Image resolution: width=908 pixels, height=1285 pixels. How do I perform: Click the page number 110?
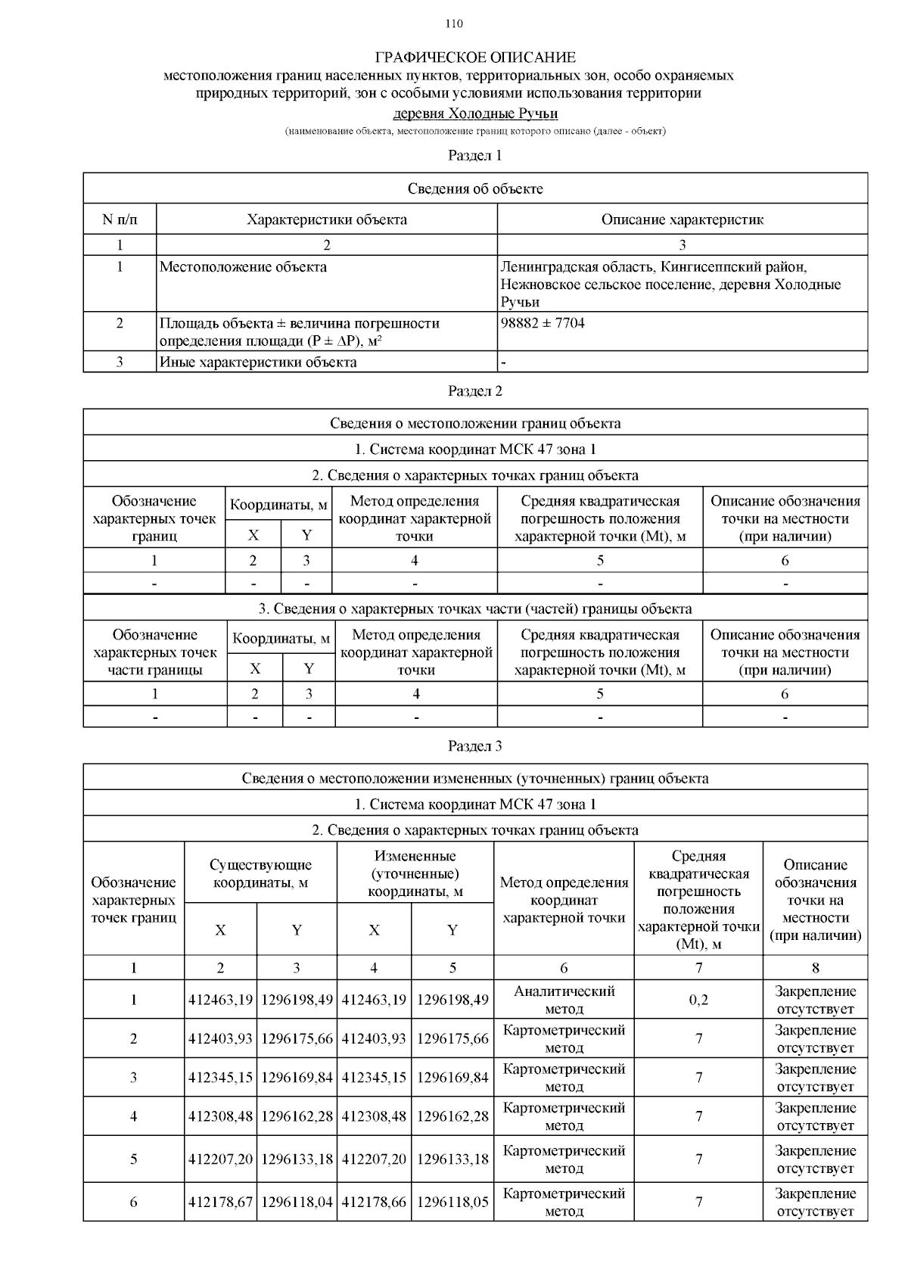454,23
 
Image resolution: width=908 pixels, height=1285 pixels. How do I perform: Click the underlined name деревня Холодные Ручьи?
475,114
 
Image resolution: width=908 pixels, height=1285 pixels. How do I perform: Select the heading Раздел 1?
475,156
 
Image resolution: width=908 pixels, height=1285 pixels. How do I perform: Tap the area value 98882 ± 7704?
543,323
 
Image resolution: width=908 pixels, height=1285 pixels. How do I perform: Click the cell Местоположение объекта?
244,267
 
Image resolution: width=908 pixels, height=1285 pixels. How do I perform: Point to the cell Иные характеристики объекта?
258,362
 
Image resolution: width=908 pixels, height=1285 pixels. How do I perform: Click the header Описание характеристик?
682,219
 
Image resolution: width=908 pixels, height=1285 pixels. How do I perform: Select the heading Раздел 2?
475,391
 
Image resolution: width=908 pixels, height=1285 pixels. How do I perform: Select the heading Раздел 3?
475,746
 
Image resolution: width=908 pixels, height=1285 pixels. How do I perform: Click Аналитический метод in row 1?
564,1000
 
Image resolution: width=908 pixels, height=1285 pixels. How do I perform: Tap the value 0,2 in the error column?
698,1000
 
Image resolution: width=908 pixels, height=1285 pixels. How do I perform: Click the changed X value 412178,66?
374,1202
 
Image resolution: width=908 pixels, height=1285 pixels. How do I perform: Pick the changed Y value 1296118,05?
452,1202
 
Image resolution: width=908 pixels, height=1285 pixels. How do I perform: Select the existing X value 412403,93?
220,1039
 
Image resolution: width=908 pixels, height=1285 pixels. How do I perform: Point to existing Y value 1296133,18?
297,1159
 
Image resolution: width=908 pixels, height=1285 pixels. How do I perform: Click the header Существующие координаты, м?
260,873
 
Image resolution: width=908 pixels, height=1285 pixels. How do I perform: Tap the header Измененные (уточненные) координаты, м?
415,873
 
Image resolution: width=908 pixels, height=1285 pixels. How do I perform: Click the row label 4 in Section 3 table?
134,1116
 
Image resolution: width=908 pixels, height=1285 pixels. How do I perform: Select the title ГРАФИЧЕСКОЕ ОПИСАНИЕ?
475,58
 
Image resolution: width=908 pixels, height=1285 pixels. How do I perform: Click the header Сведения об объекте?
475,188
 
